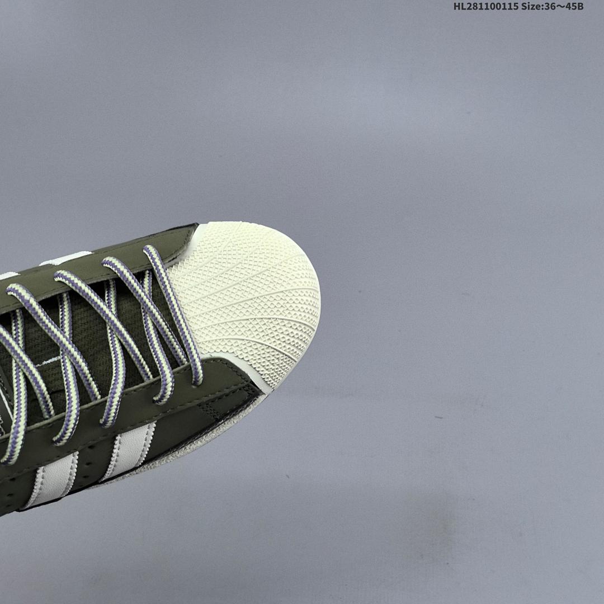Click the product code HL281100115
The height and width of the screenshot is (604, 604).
[485, 6]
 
